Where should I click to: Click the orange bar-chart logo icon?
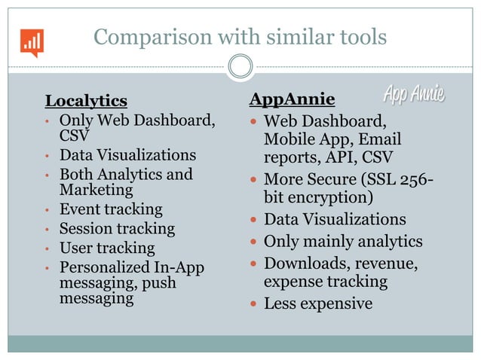click(32, 43)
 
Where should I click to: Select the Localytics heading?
click(86, 100)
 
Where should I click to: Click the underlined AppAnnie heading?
click(293, 99)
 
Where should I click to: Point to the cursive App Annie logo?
click(413, 95)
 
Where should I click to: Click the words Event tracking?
click(111, 209)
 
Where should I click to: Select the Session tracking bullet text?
click(117, 228)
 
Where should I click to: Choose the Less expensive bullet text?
click(317, 304)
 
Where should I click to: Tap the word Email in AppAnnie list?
click(380, 140)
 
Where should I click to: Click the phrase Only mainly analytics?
click(343, 242)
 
